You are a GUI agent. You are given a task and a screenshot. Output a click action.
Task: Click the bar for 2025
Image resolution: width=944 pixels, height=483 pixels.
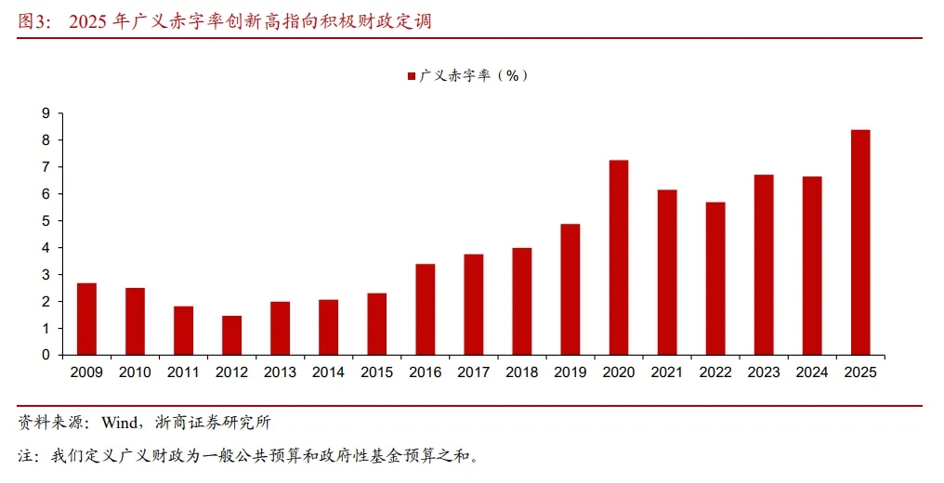click(x=859, y=242)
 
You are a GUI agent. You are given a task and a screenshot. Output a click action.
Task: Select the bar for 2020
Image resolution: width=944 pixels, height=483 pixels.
click(x=618, y=257)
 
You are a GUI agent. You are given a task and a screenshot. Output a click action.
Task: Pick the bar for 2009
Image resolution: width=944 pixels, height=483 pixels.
click(x=86, y=319)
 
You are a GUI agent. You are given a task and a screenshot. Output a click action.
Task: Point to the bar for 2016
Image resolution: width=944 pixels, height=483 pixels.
click(x=425, y=309)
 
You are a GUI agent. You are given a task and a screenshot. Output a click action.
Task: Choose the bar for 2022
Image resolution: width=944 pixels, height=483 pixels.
click(x=715, y=279)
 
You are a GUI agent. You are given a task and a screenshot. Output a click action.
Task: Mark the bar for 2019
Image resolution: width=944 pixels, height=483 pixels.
click(x=570, y=290)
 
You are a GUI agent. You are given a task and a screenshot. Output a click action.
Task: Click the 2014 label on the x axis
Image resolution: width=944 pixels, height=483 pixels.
click(x=328, y=372)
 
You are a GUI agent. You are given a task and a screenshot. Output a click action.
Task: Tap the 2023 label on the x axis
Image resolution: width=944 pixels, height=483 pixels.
click(x=763, y=372)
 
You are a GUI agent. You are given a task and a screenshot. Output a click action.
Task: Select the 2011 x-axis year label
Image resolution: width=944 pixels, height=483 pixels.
click(x=183, y=372)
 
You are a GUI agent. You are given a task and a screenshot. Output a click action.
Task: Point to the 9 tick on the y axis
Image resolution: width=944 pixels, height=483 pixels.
click(x=45, y=113)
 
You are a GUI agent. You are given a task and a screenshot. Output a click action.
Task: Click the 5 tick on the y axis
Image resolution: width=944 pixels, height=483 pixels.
click(x=45, y=221)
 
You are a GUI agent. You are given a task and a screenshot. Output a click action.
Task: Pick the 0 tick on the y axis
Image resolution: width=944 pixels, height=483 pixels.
click(x=45, y=355)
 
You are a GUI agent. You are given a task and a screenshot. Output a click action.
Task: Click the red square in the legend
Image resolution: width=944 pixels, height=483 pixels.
click(x=411, y=76)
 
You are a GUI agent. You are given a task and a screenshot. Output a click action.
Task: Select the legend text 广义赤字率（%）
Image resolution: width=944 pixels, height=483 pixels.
click(x=474, y=76)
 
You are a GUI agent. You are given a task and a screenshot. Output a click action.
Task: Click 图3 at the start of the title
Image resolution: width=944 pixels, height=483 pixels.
click(x=34, y=20)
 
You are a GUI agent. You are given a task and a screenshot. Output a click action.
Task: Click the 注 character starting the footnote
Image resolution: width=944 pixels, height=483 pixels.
click(x=25, y=456)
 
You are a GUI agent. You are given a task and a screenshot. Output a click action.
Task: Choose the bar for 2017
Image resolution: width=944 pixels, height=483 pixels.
click(x=473, y=305)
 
